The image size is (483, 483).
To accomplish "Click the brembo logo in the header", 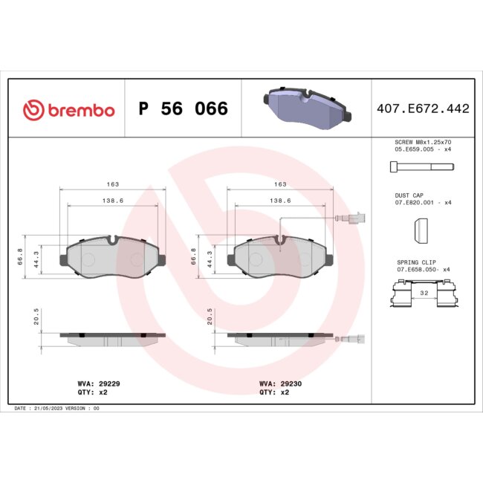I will tap(68, 110).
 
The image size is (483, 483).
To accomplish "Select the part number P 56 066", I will tap(183, 110).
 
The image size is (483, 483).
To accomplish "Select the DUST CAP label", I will tap(408, 195).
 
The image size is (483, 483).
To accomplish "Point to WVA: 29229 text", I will tap(94, 384).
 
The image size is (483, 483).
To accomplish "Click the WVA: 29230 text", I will tap(276, 384).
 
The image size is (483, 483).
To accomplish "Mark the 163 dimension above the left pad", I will tap(113, 184).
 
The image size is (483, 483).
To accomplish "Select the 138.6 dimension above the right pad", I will tap(279, 201).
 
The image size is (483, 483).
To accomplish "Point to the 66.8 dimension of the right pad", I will tap(195, 256).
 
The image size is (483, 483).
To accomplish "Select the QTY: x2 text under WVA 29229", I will tap(88, 392).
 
